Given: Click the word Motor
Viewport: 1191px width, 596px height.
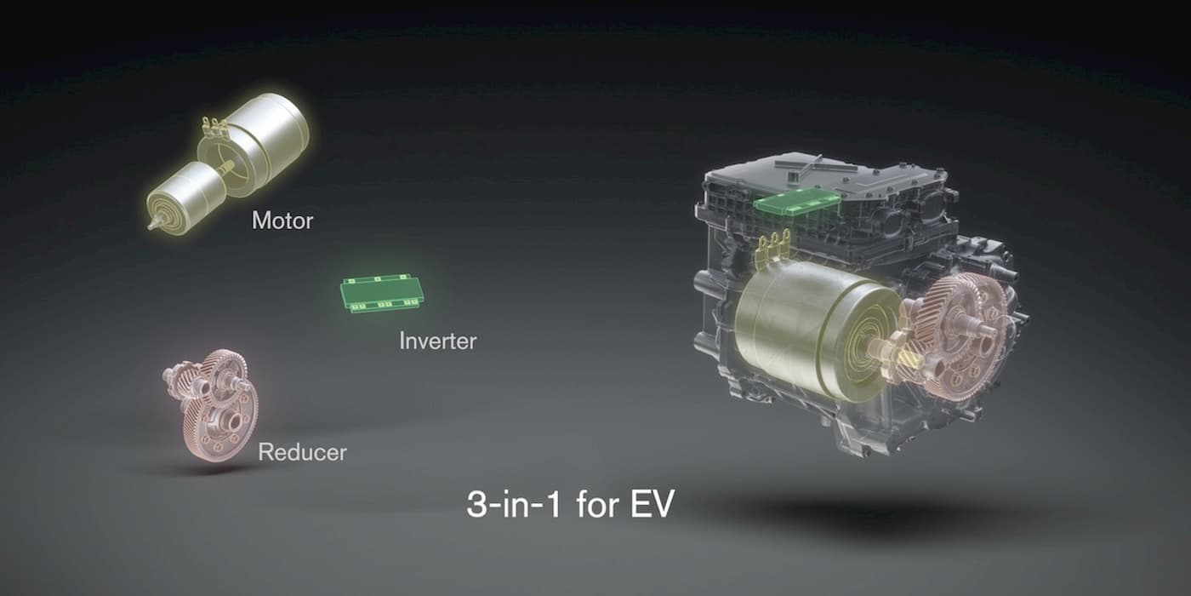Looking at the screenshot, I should (x=282, y=221).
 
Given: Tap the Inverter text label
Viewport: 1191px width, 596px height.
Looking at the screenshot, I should (x=437, y=341).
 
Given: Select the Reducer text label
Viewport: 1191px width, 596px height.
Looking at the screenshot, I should (x=302, y=451).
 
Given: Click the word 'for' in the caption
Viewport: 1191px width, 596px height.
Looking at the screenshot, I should (x=595, y=505).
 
